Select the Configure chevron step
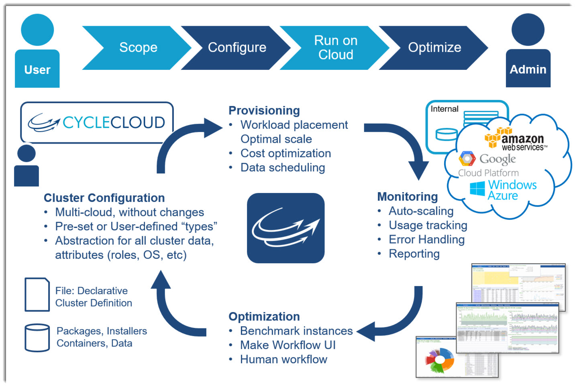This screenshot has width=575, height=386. tap(237, 48)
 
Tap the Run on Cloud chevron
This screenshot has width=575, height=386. tap(335, 48)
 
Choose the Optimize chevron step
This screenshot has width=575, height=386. tap(434, 48)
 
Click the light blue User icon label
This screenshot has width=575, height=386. tap(37, 69)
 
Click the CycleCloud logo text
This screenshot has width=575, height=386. tap(114, 122)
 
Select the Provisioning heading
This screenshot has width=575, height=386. tap(264, 110)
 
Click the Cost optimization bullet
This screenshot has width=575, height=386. tap(285, 153)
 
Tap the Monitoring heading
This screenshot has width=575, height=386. tap(408, 197)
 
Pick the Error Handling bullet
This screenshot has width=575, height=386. tap(426, 240)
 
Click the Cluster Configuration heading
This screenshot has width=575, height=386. tap(104, 198)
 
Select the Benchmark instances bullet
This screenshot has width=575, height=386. tap(296, 331)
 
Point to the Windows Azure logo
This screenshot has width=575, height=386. tap(504, 190)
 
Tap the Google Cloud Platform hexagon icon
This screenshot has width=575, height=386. tap(467, 159)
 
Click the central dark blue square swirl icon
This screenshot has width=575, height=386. tap(285, 228)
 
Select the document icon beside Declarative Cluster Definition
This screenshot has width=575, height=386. tap(37, 295)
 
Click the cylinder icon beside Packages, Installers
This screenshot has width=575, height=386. tap(37, 337)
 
